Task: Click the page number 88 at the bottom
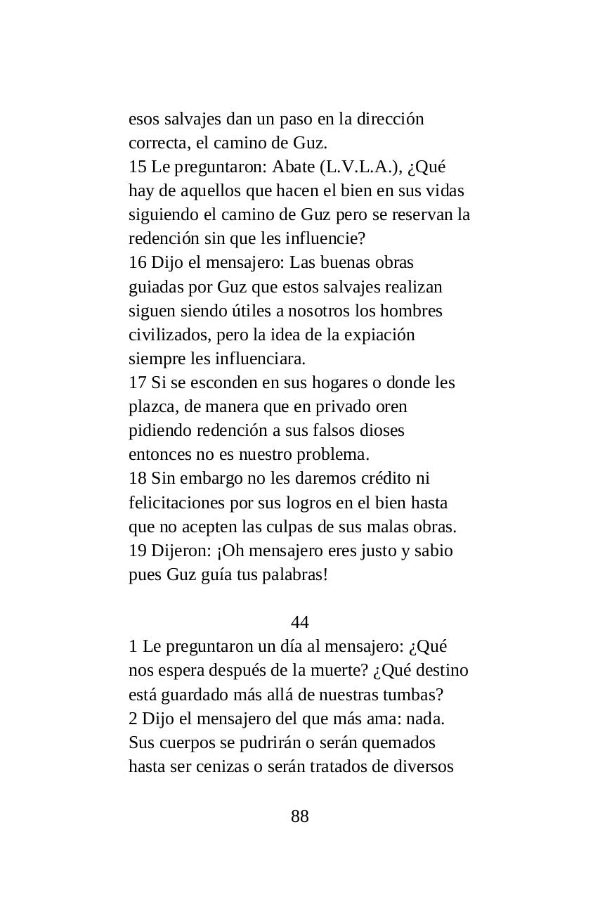tap(299, 816)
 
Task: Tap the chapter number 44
tap(299, 622)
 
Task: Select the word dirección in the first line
tap(390, 119)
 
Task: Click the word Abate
tap(292, 167)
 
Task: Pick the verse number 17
tap(137, 382)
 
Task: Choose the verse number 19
tap(137, 551)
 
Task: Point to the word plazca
tap(150, 407)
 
